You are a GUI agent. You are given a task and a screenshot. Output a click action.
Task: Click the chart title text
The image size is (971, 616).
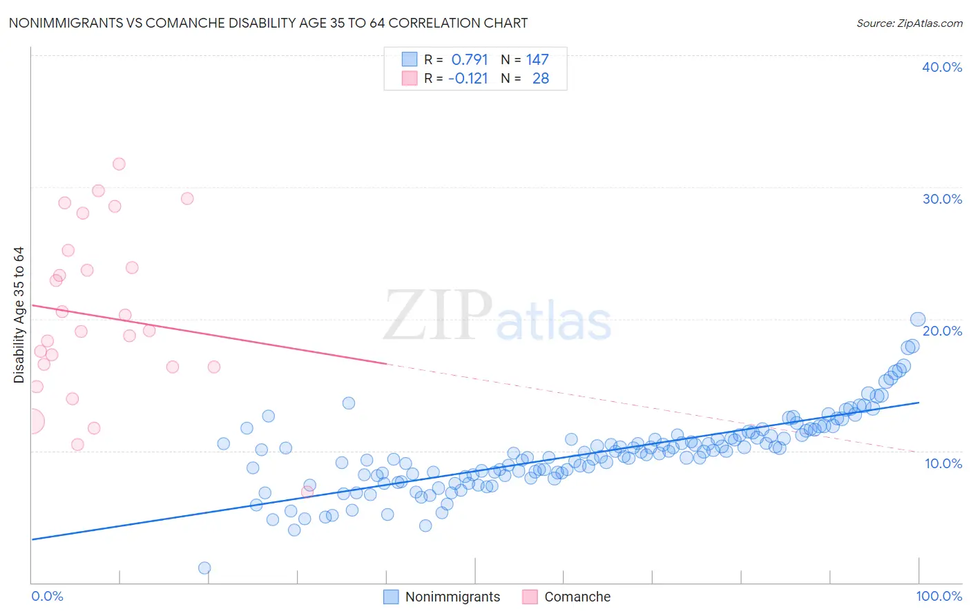coord(268,23)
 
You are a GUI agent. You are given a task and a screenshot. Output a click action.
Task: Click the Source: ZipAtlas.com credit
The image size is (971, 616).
coord(909,23)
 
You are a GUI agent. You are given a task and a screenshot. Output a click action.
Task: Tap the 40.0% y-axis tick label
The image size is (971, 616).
coord(941,67)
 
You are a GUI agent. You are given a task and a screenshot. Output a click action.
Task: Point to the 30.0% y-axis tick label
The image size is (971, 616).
coord(941,199)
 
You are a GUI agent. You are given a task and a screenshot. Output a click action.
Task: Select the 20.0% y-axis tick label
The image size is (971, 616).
coord(941,331)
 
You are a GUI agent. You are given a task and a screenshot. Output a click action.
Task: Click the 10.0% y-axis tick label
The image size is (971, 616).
coord(943,463)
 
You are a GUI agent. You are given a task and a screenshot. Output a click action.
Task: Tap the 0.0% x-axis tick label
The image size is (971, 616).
coord(47,596)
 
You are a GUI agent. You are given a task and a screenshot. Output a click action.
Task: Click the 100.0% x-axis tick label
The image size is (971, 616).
coord(939,596)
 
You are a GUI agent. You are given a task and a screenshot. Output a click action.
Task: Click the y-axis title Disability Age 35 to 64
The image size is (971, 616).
coord(19,315)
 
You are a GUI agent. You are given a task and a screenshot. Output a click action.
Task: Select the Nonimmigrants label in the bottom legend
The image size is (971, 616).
coord(452,597)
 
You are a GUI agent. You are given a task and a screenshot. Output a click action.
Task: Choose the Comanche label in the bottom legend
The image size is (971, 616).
coord(577,597)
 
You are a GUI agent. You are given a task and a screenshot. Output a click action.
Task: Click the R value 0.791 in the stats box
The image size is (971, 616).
coord(470,60)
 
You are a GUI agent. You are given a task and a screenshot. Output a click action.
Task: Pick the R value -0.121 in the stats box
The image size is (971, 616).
coord(468,79)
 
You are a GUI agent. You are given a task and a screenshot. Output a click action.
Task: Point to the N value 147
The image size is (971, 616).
coord(537,60)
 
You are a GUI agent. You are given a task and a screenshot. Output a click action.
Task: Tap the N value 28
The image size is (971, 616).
coord(540,79)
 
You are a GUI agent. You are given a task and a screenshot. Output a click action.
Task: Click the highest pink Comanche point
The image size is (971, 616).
coord(119,164)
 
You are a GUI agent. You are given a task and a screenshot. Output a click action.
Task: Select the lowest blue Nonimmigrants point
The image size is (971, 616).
coord(204,568)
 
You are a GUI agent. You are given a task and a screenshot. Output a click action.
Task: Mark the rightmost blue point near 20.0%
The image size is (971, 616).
coord(918,319)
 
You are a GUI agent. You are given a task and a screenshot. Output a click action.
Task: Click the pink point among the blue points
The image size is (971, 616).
coord(307,492)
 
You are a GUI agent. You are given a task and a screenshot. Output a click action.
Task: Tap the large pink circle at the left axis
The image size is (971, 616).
coord(32,421)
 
